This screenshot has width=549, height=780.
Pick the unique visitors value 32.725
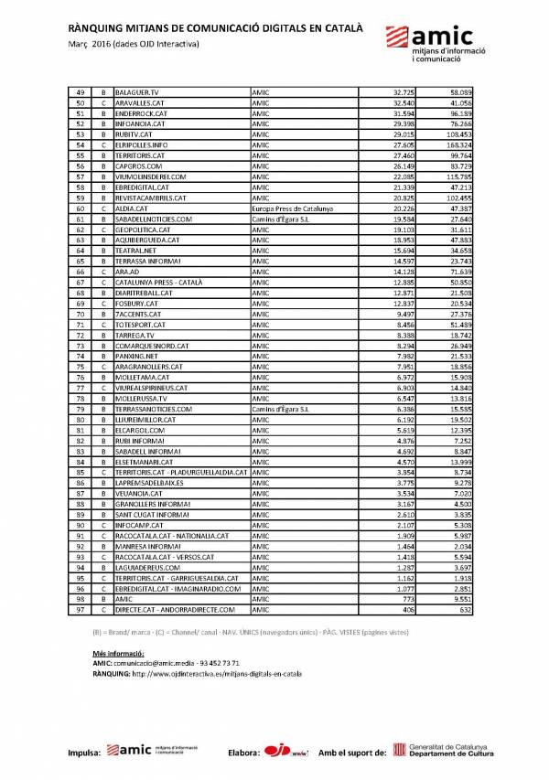tap(404, 93)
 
